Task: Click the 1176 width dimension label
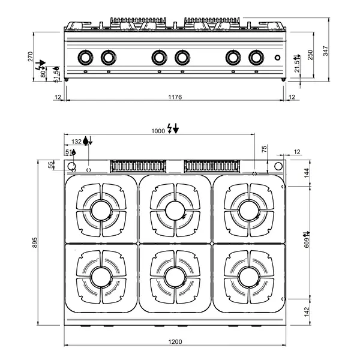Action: (175, 97)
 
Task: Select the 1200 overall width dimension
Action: (175, 341)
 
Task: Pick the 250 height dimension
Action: (310, 54)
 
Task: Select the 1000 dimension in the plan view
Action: (158, 130)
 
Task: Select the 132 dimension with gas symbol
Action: (76, 142)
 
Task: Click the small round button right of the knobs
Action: (276, 58)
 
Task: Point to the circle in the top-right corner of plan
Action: (278, 167)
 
